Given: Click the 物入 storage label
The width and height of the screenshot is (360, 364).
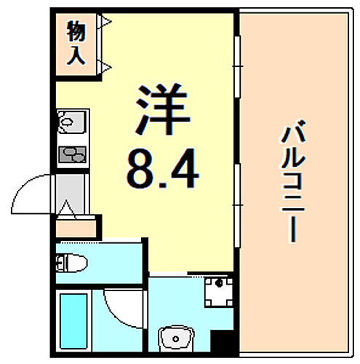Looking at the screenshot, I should (x=76, y=44).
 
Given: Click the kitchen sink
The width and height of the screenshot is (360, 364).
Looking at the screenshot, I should (x=70, y=123).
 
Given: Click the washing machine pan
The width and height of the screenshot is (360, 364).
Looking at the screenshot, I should (x=216, y=293).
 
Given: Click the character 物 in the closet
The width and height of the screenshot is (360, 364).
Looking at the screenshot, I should (x=76, y=32).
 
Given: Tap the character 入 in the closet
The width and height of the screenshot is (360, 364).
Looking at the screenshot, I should (x=76, y=55).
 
